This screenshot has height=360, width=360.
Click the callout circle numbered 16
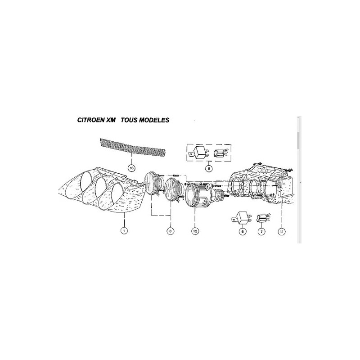point(131,168)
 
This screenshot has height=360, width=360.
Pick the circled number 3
point(171,231)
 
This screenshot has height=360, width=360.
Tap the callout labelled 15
point(195,231)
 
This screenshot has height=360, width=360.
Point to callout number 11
point(282,231)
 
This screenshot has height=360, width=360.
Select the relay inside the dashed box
point(199,152)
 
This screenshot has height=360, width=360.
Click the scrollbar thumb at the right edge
point(297,140)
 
